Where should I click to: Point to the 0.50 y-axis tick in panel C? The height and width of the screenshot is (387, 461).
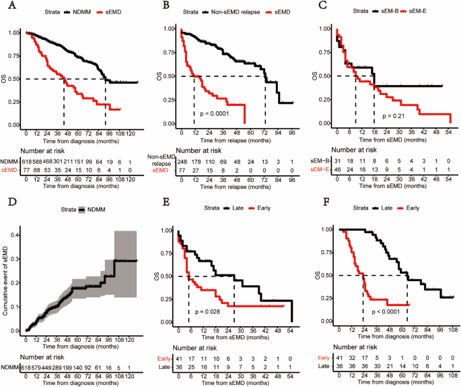point(326,76)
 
